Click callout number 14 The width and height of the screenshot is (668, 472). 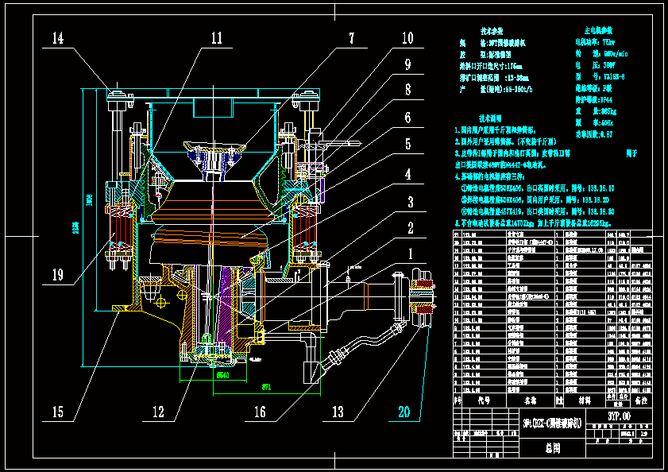tap(59, 38)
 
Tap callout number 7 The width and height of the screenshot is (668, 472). tap(350, 37)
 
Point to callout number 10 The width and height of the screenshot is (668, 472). tap(407, 37)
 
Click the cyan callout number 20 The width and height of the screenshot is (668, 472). tap(405, 412)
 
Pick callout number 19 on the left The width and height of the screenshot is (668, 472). tap(58, 275)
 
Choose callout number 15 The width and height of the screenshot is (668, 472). tap(58, 412)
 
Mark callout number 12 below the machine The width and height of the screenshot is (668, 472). tap(159, 412)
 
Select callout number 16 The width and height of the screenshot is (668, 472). tap(260, 412)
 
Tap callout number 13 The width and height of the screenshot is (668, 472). tap(338, 412)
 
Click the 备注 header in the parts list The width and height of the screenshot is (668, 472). tap(640, 401)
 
